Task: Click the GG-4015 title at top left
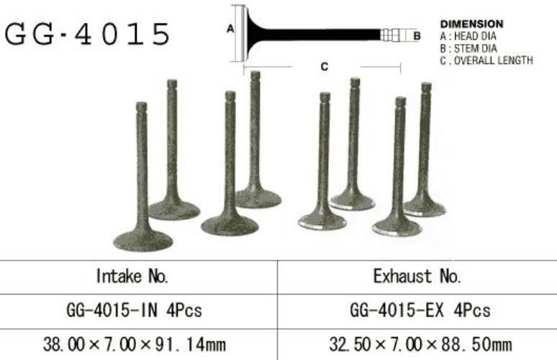tap(87, 34)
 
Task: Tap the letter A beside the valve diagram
tap(230, 29)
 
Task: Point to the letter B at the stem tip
tap(417, 36)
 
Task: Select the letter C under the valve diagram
tap(325, 66)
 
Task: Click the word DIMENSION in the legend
tap(472, 24)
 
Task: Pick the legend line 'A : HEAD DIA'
tap(468, 36)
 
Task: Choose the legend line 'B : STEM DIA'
tap(468, 48)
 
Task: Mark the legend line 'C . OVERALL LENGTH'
tap(486, 60)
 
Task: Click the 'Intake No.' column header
tap(132, 276)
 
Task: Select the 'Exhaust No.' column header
tap(417, 276)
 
